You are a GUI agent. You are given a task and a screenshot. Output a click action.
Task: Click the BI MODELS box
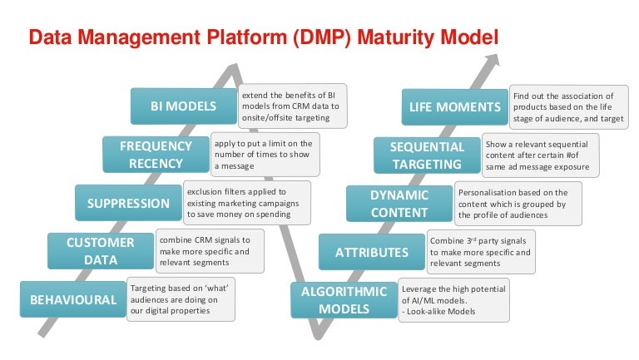pos(183,106)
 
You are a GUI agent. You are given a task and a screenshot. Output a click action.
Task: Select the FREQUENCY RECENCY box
pos(156,154)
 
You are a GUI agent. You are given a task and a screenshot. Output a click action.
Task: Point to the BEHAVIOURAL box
pos(73,299)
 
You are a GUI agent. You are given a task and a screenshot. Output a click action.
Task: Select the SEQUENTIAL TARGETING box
pos(427,155)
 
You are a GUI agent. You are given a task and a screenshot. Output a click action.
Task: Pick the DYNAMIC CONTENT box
pos(399,204)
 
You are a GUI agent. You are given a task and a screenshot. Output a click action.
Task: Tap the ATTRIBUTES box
pos(371,252)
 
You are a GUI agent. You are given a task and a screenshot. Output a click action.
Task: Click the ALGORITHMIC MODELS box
pos(343,300)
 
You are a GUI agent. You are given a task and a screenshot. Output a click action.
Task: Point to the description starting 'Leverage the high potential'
pos(453,300)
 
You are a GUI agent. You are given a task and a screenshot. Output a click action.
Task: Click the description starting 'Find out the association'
pos(567,107)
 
